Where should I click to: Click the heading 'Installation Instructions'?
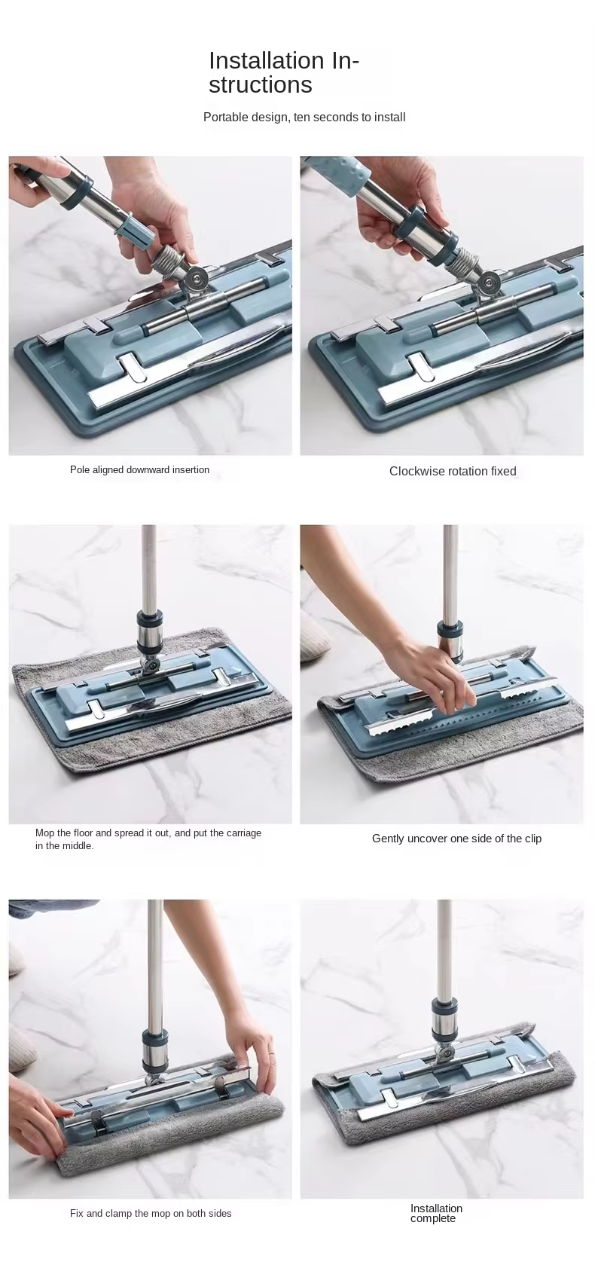(x=284, y=72)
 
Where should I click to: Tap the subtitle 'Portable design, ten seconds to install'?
(x=304, y=118)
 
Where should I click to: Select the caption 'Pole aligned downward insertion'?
(x=139, y=470)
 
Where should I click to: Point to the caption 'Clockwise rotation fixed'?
(x=453, y=472)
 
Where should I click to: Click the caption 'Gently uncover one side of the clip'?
(x=456, y=839)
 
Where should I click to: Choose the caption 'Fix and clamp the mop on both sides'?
(x=151, y=1213)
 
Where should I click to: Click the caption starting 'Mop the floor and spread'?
(x=148, y=839)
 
